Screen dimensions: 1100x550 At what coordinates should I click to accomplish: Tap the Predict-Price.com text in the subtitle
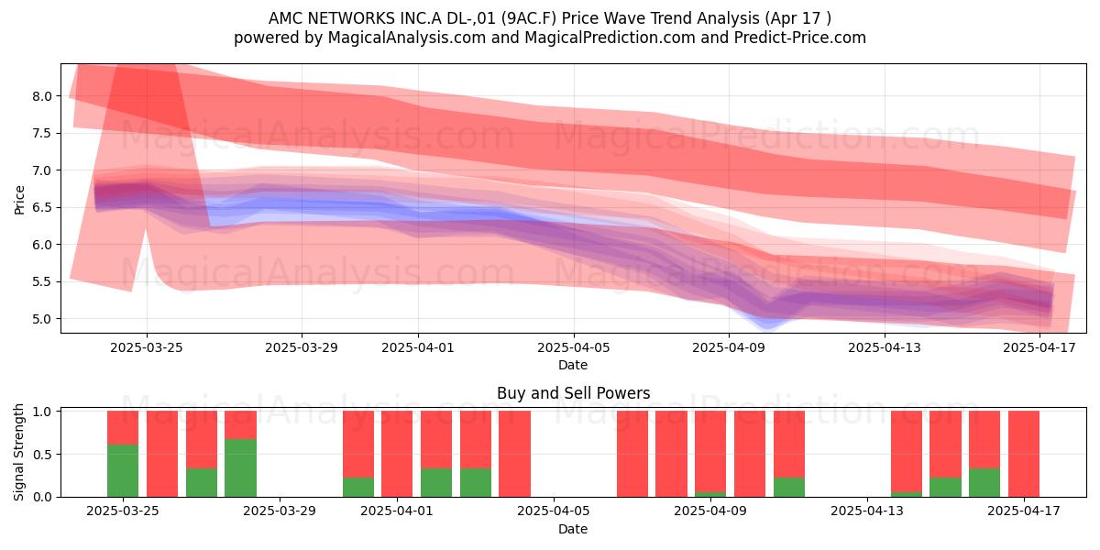800,38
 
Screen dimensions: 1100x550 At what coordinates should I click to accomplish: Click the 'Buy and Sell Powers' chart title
573,393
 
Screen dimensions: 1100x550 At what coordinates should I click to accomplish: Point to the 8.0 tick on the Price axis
42,96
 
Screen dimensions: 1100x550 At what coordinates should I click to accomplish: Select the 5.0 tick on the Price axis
42,319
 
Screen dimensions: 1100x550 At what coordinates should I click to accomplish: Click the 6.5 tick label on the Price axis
42,207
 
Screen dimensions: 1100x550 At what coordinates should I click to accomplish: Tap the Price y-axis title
19,200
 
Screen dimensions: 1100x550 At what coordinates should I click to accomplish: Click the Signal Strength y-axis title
18,452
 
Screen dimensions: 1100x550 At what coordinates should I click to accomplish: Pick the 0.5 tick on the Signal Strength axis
42,455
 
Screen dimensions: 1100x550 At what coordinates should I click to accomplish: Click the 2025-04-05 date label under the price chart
573,347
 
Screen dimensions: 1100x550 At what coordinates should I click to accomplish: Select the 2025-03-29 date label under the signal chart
280,511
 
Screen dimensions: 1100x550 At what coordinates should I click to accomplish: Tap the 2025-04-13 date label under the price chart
885,347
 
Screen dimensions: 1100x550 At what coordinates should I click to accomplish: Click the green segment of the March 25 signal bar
123,470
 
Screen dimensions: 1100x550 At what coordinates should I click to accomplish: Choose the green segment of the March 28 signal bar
240,467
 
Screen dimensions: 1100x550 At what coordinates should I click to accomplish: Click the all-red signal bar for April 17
1024,454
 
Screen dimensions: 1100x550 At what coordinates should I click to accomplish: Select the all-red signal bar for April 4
514,454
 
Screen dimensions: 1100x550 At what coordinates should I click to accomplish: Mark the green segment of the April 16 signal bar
984,482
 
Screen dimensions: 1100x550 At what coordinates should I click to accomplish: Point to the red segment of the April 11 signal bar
789,444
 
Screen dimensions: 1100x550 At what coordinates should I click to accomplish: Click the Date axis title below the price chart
573,365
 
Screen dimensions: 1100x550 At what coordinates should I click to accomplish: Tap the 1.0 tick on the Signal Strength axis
42,411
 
